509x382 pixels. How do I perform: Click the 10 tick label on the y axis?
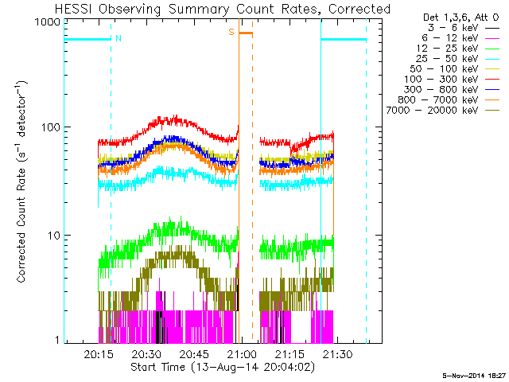point(56,236)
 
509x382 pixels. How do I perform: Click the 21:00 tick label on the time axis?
point(241,354)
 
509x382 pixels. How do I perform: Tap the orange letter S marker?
point(231,32)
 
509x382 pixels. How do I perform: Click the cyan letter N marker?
point(119,38)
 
